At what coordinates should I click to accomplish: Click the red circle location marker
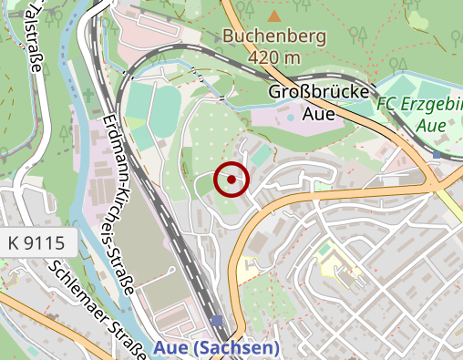[231, 180]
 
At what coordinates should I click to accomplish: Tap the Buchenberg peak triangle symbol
[274, 15]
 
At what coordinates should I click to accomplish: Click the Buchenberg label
[274, 37]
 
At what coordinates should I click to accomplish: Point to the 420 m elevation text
[274, 57]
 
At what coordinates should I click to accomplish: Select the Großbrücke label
[319, 93]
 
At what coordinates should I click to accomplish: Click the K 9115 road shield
[36, 243]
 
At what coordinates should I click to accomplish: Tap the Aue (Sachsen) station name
[216, 347]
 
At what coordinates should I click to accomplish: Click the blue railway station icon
[216, 321]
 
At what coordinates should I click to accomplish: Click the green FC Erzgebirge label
[419, 105]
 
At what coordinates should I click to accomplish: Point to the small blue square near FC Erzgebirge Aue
[437, 154]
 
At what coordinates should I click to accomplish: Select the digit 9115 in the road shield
[45, 243]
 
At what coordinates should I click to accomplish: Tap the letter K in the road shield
[14, 243]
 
